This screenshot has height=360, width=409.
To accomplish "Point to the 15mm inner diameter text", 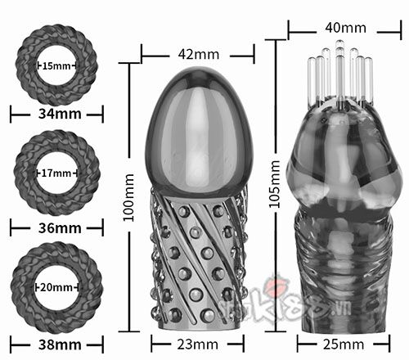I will click(56, 65).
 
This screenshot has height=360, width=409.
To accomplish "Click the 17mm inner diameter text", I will click(56, 173).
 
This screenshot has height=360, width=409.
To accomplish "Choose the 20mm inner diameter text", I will click(56, 289).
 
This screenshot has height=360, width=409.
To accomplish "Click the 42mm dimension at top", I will click(198, 55).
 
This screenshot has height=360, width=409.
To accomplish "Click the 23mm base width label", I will click(198, 345).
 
